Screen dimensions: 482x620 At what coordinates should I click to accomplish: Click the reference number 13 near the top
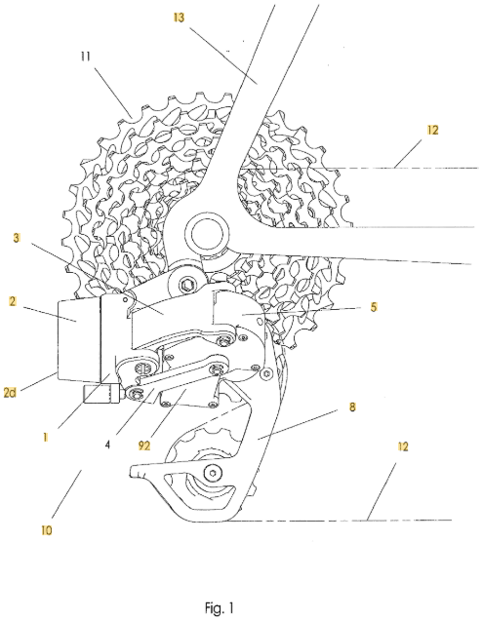(x=179, y=18)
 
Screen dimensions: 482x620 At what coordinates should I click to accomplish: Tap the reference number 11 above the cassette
(x=86, y=57)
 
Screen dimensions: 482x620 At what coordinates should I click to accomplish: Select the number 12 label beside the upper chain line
(x=433, y=130)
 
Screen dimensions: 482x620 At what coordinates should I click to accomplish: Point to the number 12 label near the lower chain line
(x=402, y=446)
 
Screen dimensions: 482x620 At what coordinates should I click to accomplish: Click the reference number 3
(x=17, y=239)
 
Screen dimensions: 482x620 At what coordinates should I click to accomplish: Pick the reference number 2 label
(x=13, y=301)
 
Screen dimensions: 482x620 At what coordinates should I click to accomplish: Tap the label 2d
(x=10, y=393)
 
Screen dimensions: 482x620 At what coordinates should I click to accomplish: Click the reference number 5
(x=374, y=307)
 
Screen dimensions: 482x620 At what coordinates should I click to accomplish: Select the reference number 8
(x=352, y=407)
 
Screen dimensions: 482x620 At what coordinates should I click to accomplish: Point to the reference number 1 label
(x=46, y=437)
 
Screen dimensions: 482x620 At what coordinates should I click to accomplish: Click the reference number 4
(x=107, y=445)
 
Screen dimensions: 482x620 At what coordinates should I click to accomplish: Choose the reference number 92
(x=144, y=446)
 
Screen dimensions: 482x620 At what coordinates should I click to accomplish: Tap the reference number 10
(x=47, y=530)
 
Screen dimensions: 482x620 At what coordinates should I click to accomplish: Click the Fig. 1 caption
(x=220, y=607)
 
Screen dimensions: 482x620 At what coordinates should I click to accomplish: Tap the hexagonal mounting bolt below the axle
(x=186, y=284)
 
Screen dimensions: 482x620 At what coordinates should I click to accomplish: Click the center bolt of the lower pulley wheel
(x=213, y=473)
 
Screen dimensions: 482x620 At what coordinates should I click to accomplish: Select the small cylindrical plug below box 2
(x=100, y=394)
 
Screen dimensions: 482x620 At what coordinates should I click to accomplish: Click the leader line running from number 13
(x=223, y=56)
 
